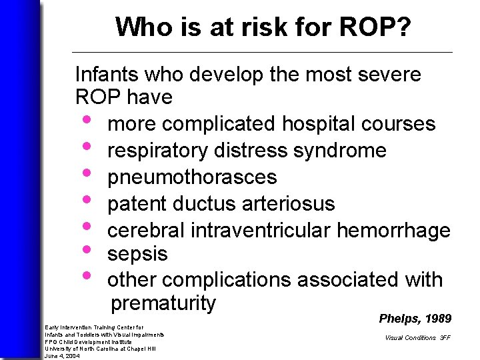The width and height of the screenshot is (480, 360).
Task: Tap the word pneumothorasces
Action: point(192,177)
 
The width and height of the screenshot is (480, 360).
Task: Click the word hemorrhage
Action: point(394,230)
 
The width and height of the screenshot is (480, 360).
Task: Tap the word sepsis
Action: point(137,255)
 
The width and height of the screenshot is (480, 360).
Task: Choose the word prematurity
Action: point(163,303)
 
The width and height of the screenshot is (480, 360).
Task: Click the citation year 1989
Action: point(437,319)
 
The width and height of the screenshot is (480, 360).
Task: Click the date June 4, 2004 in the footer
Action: point(62,356)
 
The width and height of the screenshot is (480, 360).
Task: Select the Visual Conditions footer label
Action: point(410,338)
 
